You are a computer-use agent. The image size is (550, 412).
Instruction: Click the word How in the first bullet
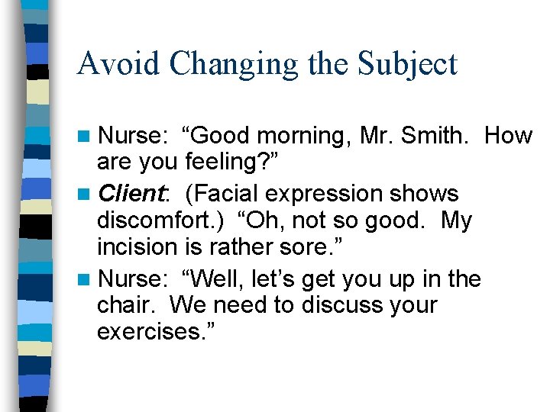(x=508, y=137)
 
